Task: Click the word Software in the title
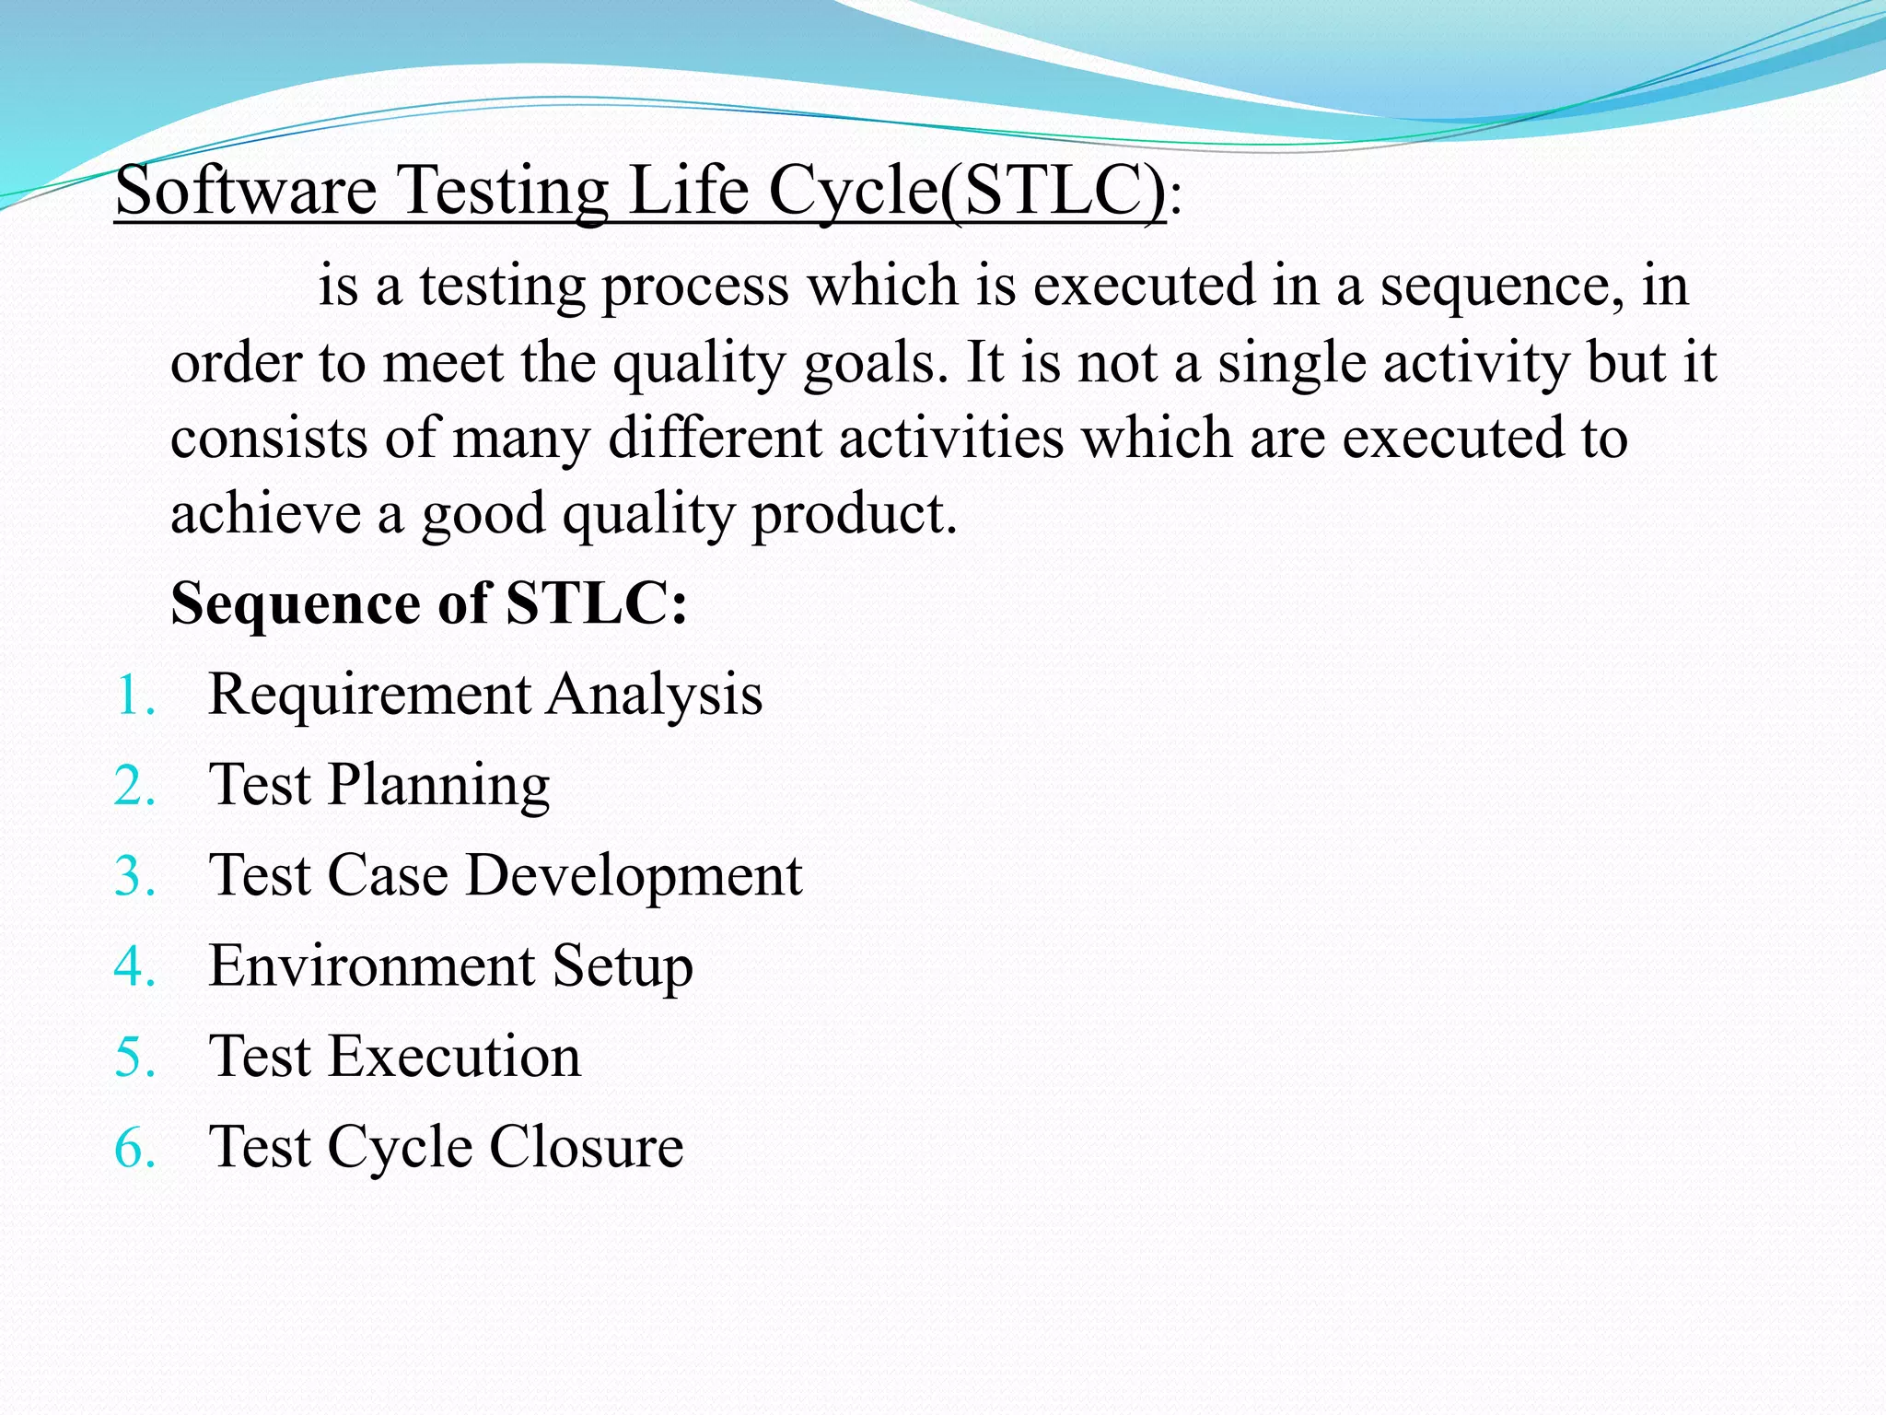click(246, 191)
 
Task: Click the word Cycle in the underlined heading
click(853, 191)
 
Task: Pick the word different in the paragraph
click(715, 437)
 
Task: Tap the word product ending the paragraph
click(854, 513)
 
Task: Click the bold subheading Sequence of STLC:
click(429, 603)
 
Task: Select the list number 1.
click(134, 696)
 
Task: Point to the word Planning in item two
click(438, 786)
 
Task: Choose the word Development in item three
click(634, 875)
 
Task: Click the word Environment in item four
click(372, 966)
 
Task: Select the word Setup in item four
click(623, 966)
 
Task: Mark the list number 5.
click(134, 1058)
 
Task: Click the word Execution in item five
click(455, 1057)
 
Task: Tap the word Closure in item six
click(586, 1147)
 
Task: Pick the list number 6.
click(134, 1149)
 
